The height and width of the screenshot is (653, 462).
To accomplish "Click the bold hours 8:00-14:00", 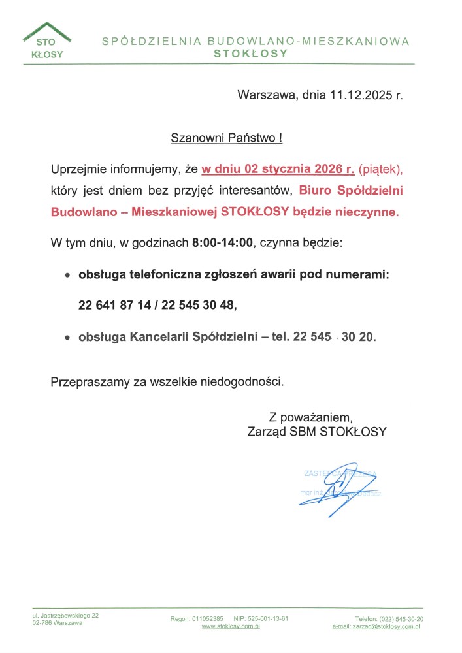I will click(222, 243).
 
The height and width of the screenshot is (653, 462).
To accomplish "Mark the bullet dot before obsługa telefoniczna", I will click(67, 276).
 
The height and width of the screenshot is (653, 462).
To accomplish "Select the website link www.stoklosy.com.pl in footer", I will click(231, 626).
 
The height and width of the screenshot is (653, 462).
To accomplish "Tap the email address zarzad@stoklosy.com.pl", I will click(386, 626).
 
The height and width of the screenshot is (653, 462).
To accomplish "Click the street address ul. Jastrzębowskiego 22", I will click(65, 615).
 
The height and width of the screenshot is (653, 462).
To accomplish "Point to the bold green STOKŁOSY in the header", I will click(251, 54).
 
